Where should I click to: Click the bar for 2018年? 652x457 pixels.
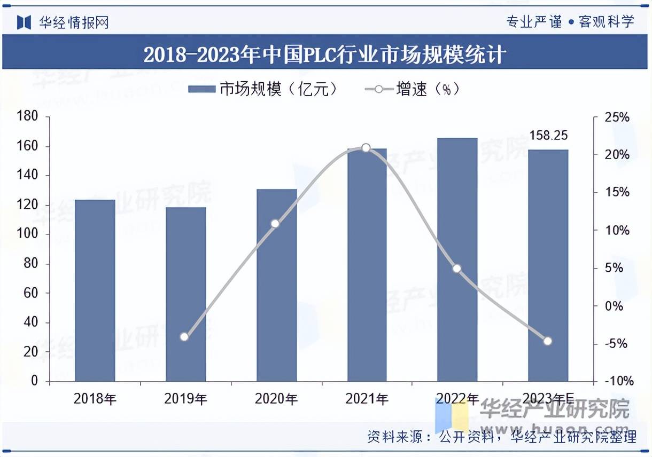pos(95,290)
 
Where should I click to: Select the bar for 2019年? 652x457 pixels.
pos(185,294)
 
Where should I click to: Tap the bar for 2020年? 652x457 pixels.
pos(276,285)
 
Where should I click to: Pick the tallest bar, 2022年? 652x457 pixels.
pos(457,259)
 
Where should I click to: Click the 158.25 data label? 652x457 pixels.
pos(548,136)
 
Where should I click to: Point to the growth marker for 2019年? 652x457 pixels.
pos(184,337)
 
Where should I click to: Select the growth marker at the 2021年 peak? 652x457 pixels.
pos(366,148)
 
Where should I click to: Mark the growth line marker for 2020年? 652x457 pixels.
pos(275,224)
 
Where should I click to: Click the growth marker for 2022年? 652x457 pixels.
pos(457,269)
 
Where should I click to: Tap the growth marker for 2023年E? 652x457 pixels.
pos(547,341)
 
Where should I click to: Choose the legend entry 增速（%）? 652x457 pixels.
pos(412,89)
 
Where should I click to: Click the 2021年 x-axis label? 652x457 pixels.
pos(367,398)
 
